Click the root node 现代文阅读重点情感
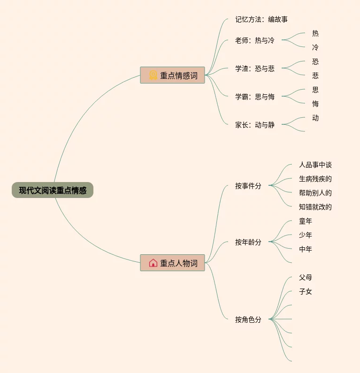click(x=53, y=190)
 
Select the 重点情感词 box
click(x=173, y=75)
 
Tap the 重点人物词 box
click(x=173, y=263)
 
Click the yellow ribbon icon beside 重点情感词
click(x=153, y=75)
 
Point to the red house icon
click(x=153, y=263)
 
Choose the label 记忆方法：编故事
click(x=261, y=19)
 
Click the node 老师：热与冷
click(x=254, y=40)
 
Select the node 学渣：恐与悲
click(x=254, y=69)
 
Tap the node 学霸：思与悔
click(x=254, y=97)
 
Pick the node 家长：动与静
click(x=254, y=125)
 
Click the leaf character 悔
click(x=315, y=104)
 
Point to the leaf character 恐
click(x=315, y=61)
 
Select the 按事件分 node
click(x=248, y=186)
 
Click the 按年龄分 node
click(x=248, y=242)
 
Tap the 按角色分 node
click(x=248, y=320)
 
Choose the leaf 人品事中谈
click(x=315, y=165)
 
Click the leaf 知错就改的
click(x=315, y=207)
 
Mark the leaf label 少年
click(x=306, y=235)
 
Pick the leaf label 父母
click(x=306, y=277)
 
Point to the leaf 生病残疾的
click(x=315, y=179)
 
